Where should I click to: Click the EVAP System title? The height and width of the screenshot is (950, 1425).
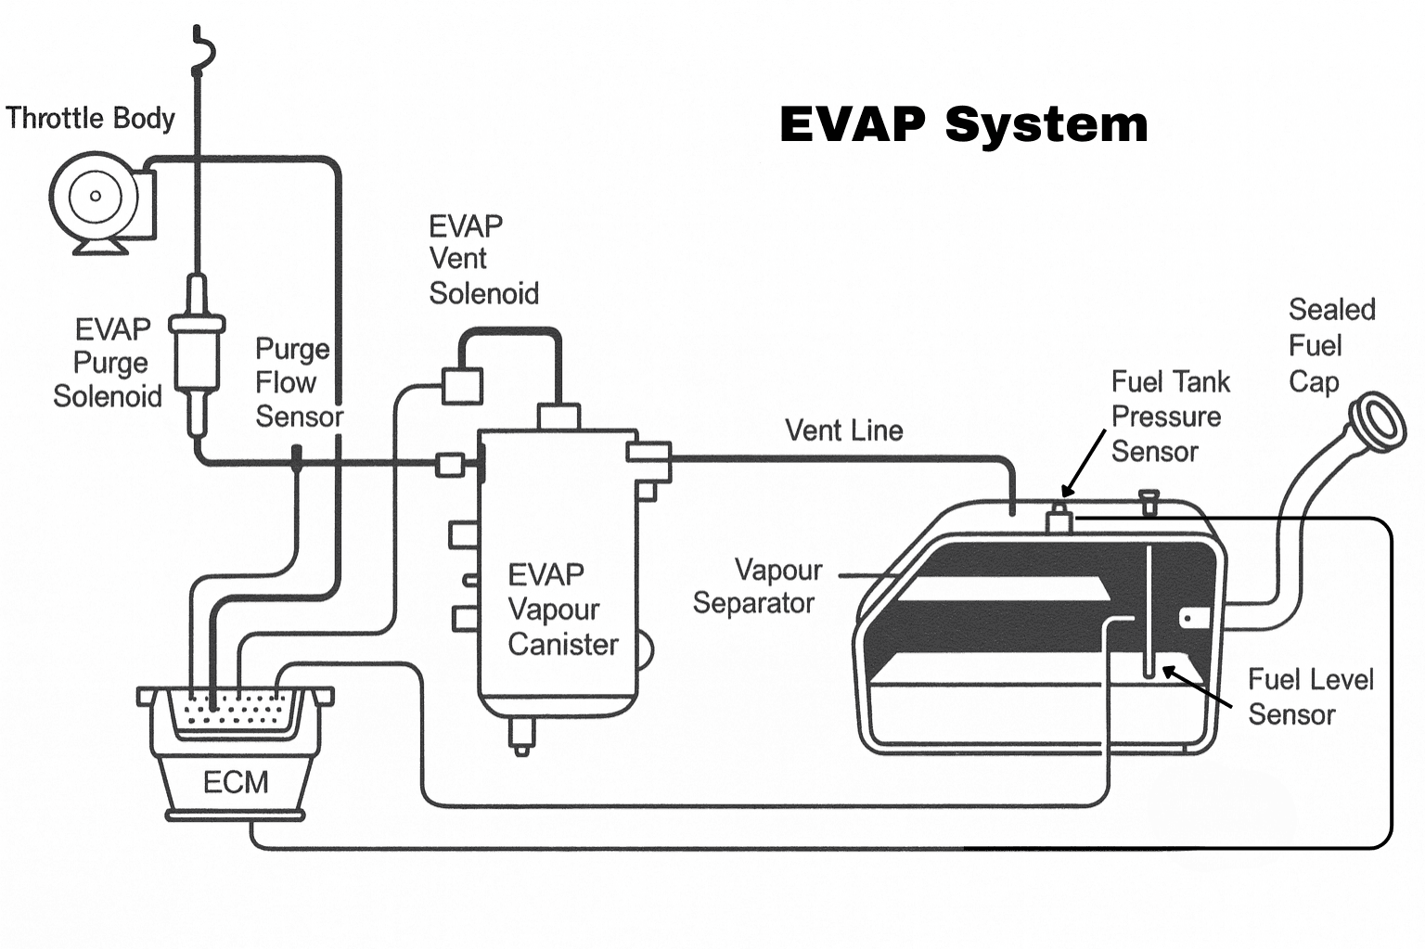[963, 124]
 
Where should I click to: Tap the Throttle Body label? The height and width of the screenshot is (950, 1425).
[90, 119]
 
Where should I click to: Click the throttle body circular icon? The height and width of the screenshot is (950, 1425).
[95, 197]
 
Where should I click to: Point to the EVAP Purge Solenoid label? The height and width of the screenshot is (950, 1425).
[109, 363]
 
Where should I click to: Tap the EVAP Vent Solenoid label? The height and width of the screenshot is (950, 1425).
[482, 260]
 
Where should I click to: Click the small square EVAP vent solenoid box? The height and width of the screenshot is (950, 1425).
[461, 385]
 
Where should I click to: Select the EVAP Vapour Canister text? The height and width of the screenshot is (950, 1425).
[561, 610]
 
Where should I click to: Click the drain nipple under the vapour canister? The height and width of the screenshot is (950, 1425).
[521, 737]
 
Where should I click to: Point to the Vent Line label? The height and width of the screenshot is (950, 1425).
[843, 430]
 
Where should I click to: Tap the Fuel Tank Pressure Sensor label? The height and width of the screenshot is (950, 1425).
[1169, 417]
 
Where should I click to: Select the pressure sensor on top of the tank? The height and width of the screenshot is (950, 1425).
[1059, 519]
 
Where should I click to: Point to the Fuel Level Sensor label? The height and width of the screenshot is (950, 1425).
[1308, 697]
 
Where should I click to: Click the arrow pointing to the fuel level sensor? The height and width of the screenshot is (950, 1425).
[1196, 686]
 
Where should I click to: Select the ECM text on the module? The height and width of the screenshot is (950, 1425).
[236, 782]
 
